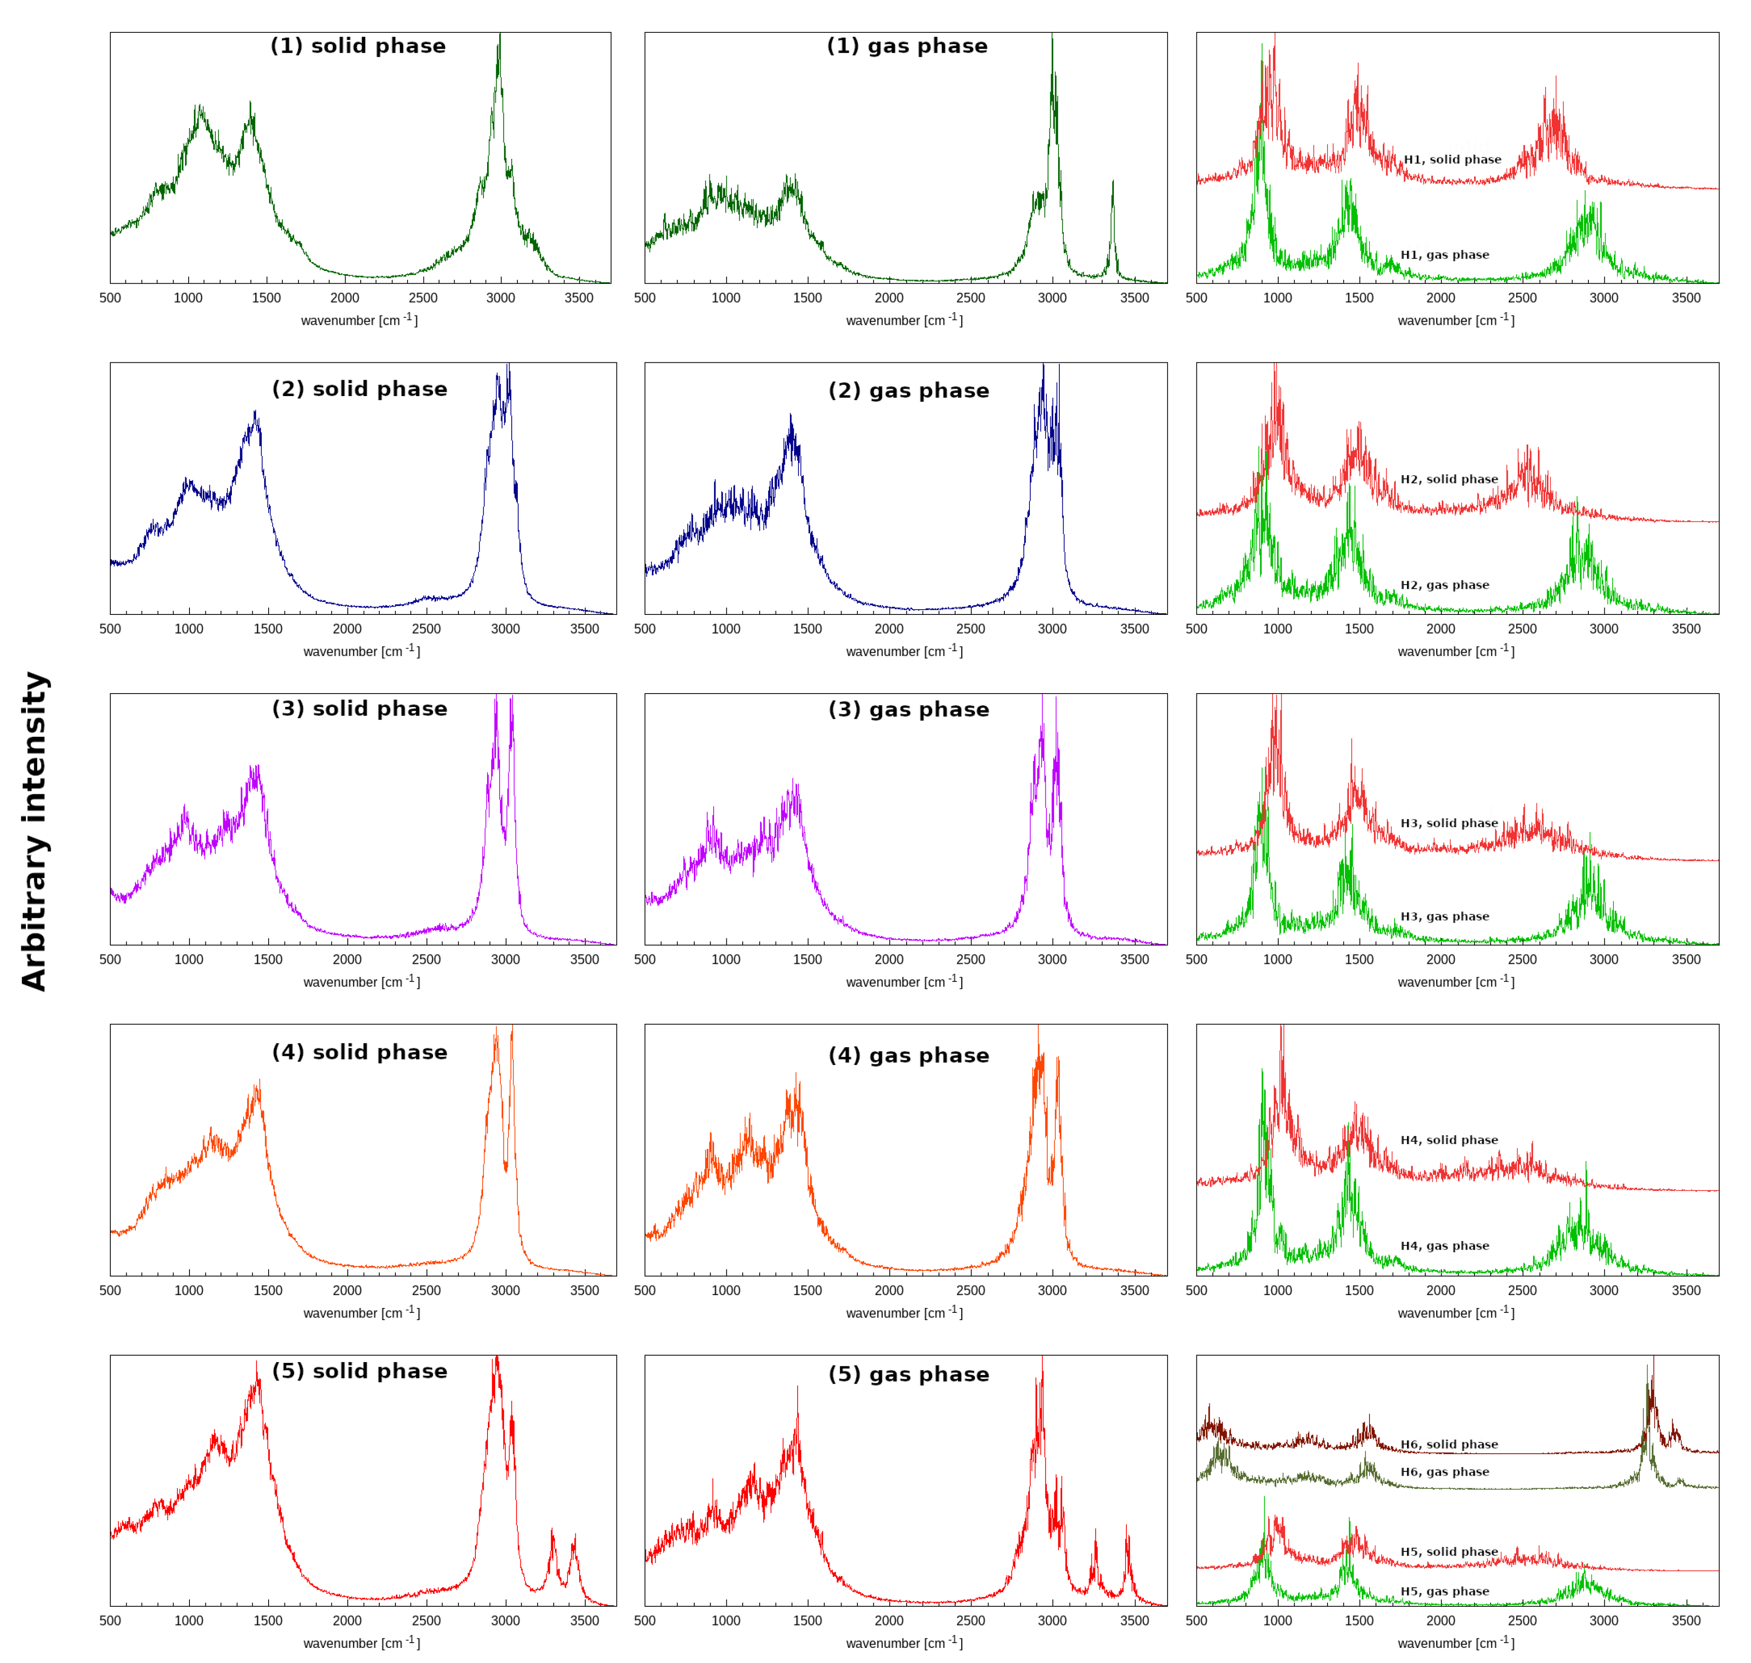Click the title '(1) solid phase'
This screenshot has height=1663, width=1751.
(358, 46)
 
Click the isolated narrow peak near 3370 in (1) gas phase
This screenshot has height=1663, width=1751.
(1113, 186)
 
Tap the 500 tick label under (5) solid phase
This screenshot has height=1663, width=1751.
(110, 1621)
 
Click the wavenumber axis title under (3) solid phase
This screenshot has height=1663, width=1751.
(361, 982)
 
